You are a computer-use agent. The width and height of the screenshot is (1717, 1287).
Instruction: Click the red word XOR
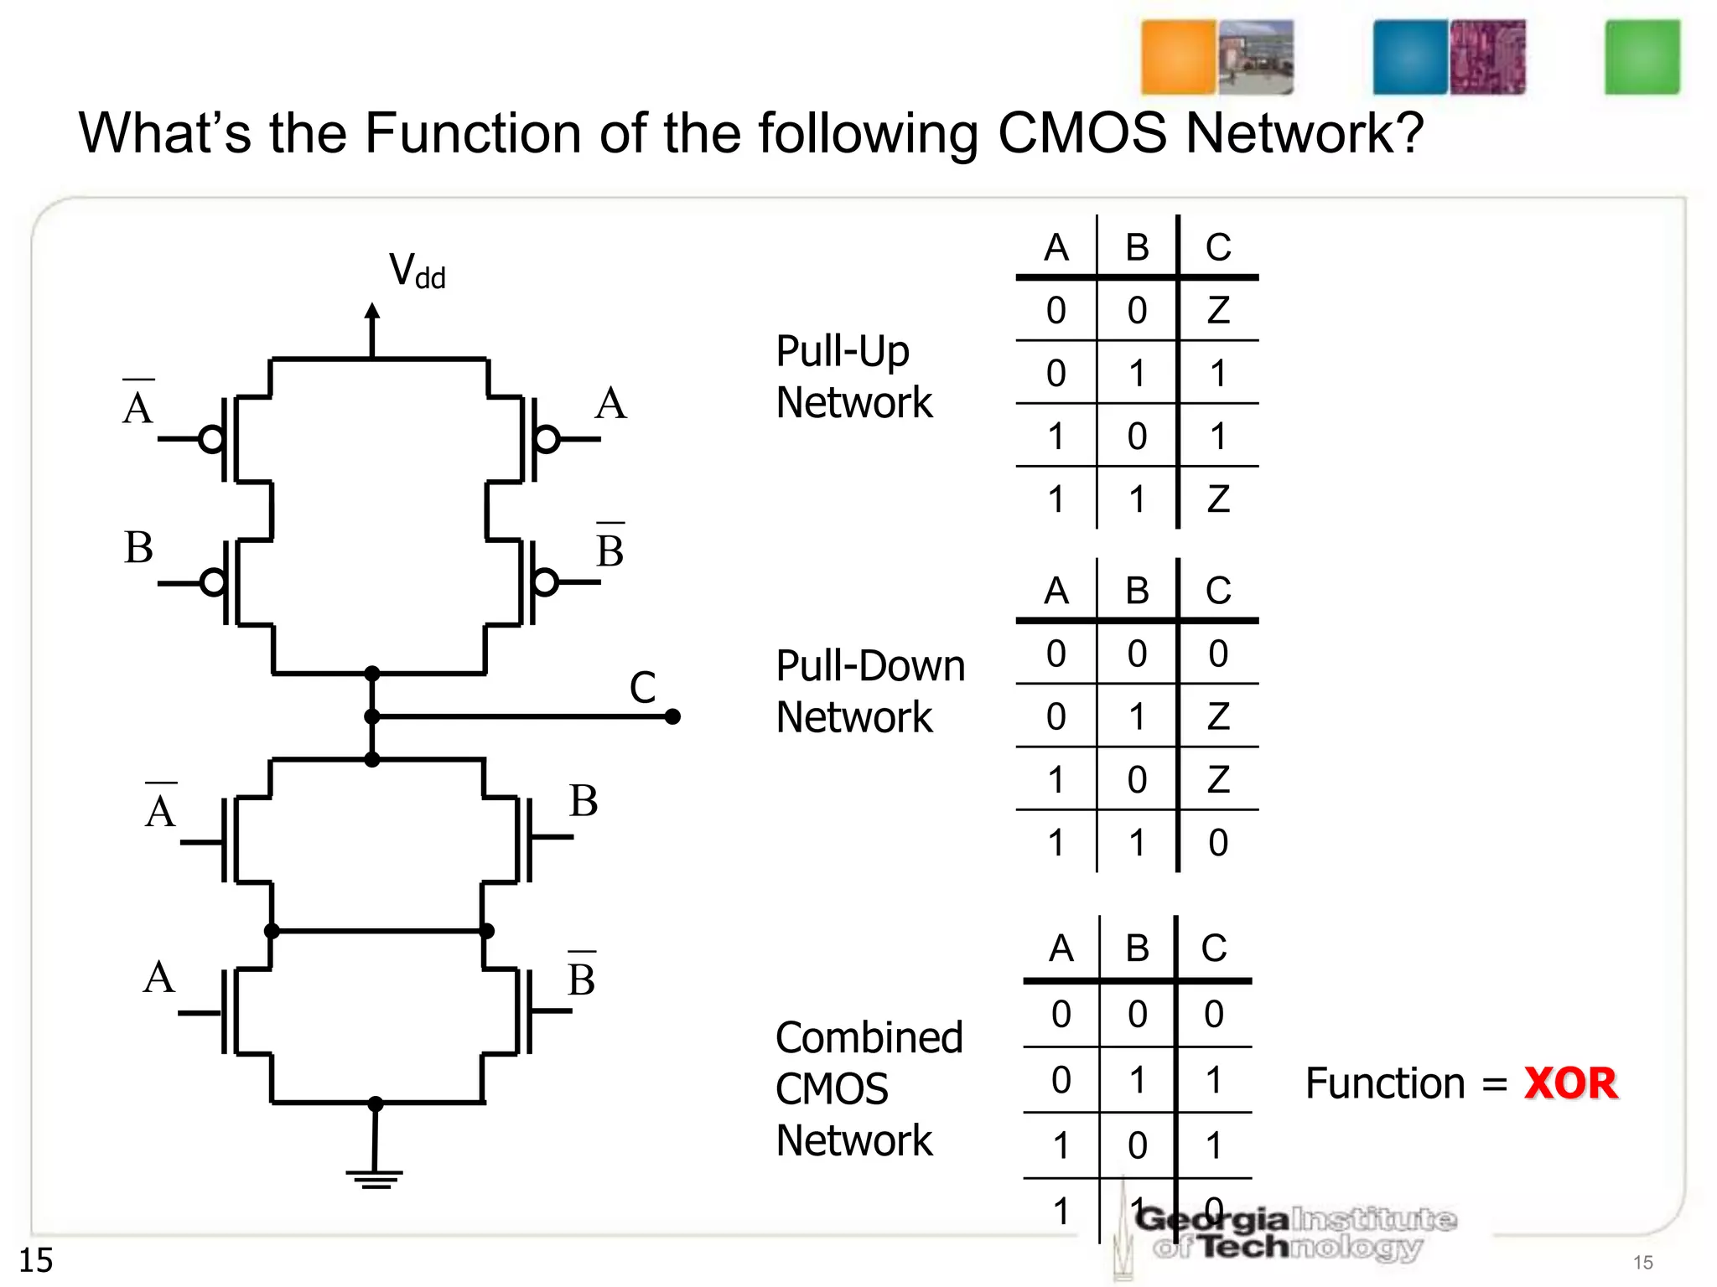click(1570, 1083)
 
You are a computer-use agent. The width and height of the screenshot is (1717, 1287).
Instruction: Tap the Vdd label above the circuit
click(417, 271)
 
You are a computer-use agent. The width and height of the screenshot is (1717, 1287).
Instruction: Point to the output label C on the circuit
click(642, 688)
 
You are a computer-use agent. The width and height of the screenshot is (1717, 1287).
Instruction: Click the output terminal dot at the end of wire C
click(672, 716)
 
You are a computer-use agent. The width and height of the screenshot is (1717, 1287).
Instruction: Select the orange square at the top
click(1178, 57)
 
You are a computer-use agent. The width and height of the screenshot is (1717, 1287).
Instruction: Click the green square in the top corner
click(1642, 57)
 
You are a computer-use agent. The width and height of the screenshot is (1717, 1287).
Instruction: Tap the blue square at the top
click(1410, 57)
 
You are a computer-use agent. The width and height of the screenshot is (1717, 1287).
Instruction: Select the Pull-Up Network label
click(853, 376)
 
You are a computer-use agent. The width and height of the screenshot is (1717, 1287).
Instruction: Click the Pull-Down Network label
click(869, 691)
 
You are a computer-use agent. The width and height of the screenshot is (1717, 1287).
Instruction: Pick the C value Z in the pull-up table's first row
click(1218, 311)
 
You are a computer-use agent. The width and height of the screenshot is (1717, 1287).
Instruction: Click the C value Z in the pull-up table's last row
click(1218, 499)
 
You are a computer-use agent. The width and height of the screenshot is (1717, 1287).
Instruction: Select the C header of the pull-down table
click(1218, 591)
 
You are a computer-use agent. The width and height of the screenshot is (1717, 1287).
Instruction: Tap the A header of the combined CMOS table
click(1061, 948)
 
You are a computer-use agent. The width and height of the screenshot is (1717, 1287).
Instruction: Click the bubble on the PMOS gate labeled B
click(213, 581)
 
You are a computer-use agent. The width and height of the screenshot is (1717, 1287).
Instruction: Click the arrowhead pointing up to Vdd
click(372, 311)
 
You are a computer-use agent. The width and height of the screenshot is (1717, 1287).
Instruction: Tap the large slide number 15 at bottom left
click(36, 1260)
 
